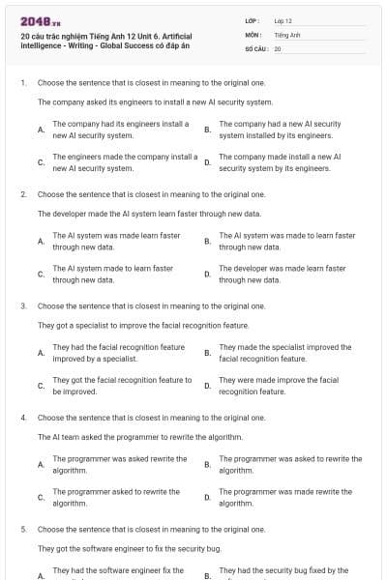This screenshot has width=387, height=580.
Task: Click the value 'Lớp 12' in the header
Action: point(283,20)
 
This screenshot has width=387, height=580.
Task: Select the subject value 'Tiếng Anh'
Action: point(288,34)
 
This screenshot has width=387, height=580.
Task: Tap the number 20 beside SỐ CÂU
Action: point(278,47)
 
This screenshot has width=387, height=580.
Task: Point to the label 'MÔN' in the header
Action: point(253,34)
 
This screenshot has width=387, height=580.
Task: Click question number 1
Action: point(22,84)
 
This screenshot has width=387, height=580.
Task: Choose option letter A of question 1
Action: point(40,130)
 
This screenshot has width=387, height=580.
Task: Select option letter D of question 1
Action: point(207,162)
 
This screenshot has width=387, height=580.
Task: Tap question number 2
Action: point(22,194)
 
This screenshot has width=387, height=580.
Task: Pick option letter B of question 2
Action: point(207,241)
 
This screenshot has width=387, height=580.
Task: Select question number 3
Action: point(22,305)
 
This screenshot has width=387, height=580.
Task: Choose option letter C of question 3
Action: point(40,386)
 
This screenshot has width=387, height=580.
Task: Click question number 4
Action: point(22,418)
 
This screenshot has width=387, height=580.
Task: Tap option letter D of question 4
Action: point(207,497)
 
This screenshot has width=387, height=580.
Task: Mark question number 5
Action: point(22,529)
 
